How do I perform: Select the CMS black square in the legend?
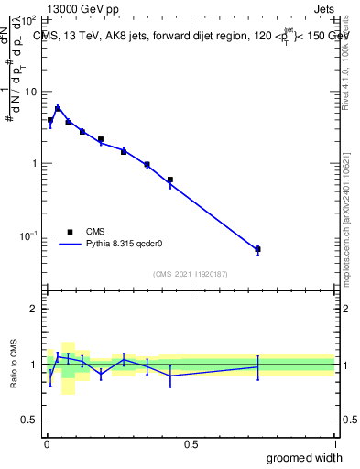click(70, 232)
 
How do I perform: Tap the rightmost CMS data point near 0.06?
click(257, 249)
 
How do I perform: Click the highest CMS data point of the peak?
click(58, 108)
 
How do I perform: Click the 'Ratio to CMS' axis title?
click(14, 365)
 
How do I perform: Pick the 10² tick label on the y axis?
click(30, 19)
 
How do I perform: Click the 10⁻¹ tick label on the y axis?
click(30, 235)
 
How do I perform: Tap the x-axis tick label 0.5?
click(191, 444)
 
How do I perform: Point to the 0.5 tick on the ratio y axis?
click(31, 422)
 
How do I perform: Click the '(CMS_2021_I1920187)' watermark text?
click(191, 274)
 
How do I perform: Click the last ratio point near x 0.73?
click(257, 366)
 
